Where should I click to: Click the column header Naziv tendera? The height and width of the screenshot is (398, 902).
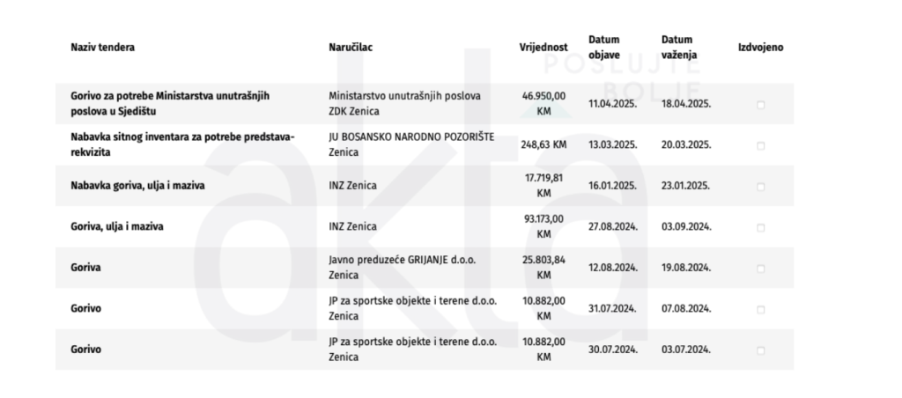[x=103, y=48]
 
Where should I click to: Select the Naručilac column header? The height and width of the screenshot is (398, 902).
[x=350, y=48]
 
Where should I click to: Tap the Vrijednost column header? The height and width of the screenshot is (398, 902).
[x=543, y=48]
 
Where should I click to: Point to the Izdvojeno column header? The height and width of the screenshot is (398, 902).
[x=760, y=48]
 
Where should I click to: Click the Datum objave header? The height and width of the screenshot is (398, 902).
[x=604, y=48]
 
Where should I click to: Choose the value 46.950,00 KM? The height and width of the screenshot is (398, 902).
[x=543, y=104]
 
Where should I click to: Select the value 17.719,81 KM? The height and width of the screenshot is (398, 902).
[x=543, y=186]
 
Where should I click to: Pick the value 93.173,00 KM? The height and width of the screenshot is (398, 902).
[x=543, y=227]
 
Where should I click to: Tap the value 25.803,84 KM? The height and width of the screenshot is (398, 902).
[x=543, y=268]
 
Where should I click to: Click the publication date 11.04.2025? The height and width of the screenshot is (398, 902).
[x=613, y=104]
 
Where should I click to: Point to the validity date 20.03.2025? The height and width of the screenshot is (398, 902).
[x=686, y=144]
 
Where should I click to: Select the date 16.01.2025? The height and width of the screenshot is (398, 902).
[x=613, y=186]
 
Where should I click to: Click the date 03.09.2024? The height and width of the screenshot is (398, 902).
[x=686, y=227]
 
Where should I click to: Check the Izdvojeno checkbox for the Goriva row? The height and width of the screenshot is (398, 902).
[x=760, y=269]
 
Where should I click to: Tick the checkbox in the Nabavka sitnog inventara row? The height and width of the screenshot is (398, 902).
[x=760, y=145]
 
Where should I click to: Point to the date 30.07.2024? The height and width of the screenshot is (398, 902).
[x=613, y=350]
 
